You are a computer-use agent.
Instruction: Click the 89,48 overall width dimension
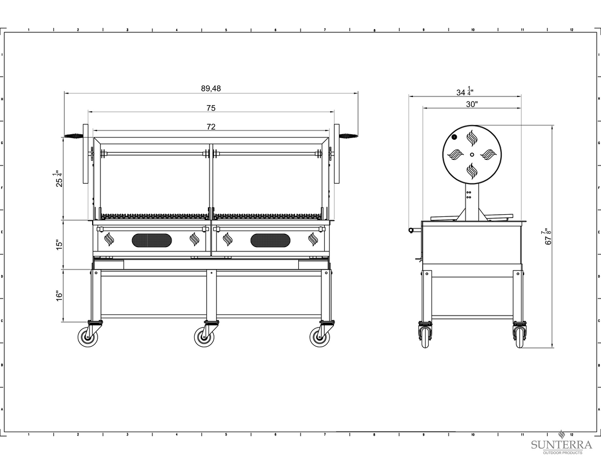(x=211, y=88)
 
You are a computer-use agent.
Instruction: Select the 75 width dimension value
(x=211, y=108)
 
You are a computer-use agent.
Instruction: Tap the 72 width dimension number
(x=211, y=127)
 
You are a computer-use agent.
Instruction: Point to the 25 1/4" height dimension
(x=59, y=179)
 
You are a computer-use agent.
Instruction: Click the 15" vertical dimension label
(x=59, y=245)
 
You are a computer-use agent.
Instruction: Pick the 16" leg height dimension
(x=59, y=296)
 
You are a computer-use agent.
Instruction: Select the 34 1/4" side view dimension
(x=464, y=92)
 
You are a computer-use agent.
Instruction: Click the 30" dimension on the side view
(x=472, y=104)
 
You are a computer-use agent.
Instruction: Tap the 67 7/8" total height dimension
(x=548, y=237)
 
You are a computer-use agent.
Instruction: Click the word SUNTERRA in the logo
(x=562, y=445)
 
